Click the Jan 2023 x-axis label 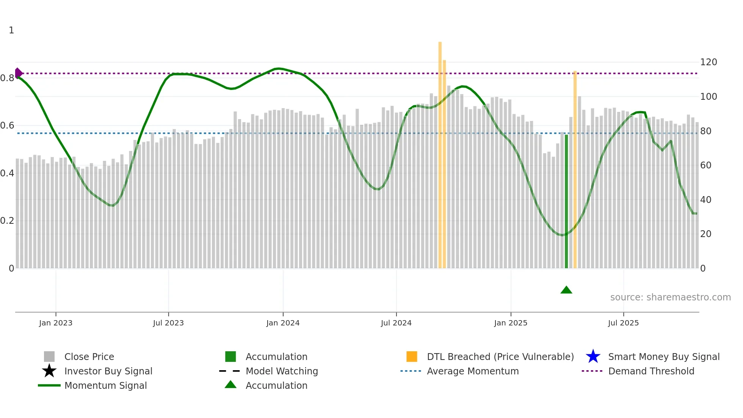pos(55,323)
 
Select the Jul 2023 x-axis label pos(168,323)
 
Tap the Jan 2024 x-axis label pos(283,323)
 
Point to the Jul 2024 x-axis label pos(396,323)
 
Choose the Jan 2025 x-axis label pos(511,323)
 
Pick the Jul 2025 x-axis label pos(623,323)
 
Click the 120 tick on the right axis pos(709,62)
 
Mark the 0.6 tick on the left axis pos(7,126)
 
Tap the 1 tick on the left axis pos(11,30)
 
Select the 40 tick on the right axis pos(706,200)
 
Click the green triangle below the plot pos(566,290)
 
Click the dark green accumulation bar pos(566,201)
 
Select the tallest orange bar pos(440,152)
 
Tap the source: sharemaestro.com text pos(670,297)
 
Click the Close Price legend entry pos(89,357)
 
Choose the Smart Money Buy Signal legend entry pos(663,357)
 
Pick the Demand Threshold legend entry pos(651,371)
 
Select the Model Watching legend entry pos(281,371)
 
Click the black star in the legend pos(49,371)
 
